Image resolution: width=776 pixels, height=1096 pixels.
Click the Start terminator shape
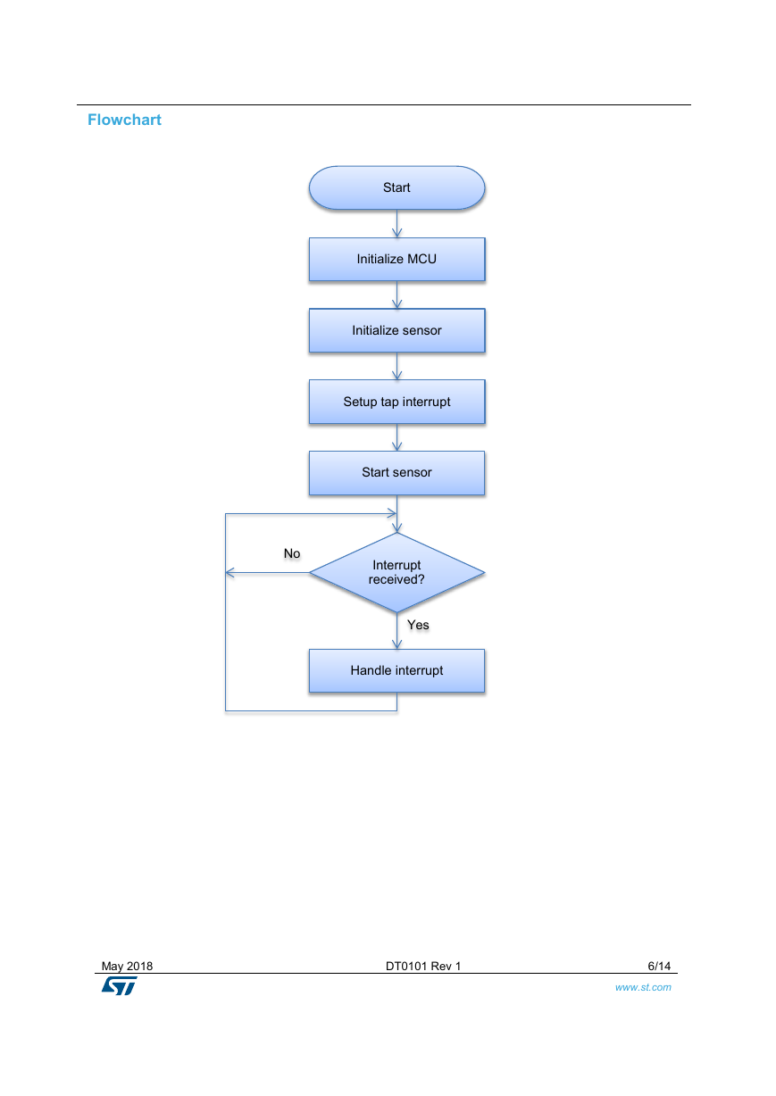(396, 188)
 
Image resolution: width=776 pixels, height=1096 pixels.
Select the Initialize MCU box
(396, 260)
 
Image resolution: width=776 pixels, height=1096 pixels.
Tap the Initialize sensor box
(396, 330)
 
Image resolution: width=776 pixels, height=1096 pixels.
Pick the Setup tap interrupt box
(396, 402)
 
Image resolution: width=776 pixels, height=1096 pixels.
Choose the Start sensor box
(396, 473)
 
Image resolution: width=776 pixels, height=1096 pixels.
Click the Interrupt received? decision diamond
(396, 572)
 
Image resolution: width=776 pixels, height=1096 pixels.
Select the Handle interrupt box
(396, 671)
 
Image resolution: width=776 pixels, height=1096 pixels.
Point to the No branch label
(292, 553)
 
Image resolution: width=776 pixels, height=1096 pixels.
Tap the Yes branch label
(418, 625)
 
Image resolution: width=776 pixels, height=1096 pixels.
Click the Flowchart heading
(124, 120)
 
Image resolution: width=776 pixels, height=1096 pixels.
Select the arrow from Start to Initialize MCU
(397, 224)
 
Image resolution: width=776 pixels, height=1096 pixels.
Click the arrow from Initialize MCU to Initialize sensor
(397, 295)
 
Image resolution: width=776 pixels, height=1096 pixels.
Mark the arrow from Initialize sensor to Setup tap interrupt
(397, 366)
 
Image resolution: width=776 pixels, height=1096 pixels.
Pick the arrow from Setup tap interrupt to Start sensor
(397, 437)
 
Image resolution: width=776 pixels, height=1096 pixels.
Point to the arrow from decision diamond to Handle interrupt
(397, 631)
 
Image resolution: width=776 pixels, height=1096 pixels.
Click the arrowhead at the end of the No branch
(229, 572)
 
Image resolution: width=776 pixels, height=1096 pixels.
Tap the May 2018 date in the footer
(127, 966)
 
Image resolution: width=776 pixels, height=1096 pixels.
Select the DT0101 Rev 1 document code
(423, 966)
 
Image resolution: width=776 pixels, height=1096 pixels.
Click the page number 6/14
(659, 966)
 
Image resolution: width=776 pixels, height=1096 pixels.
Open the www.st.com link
(643, 987)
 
